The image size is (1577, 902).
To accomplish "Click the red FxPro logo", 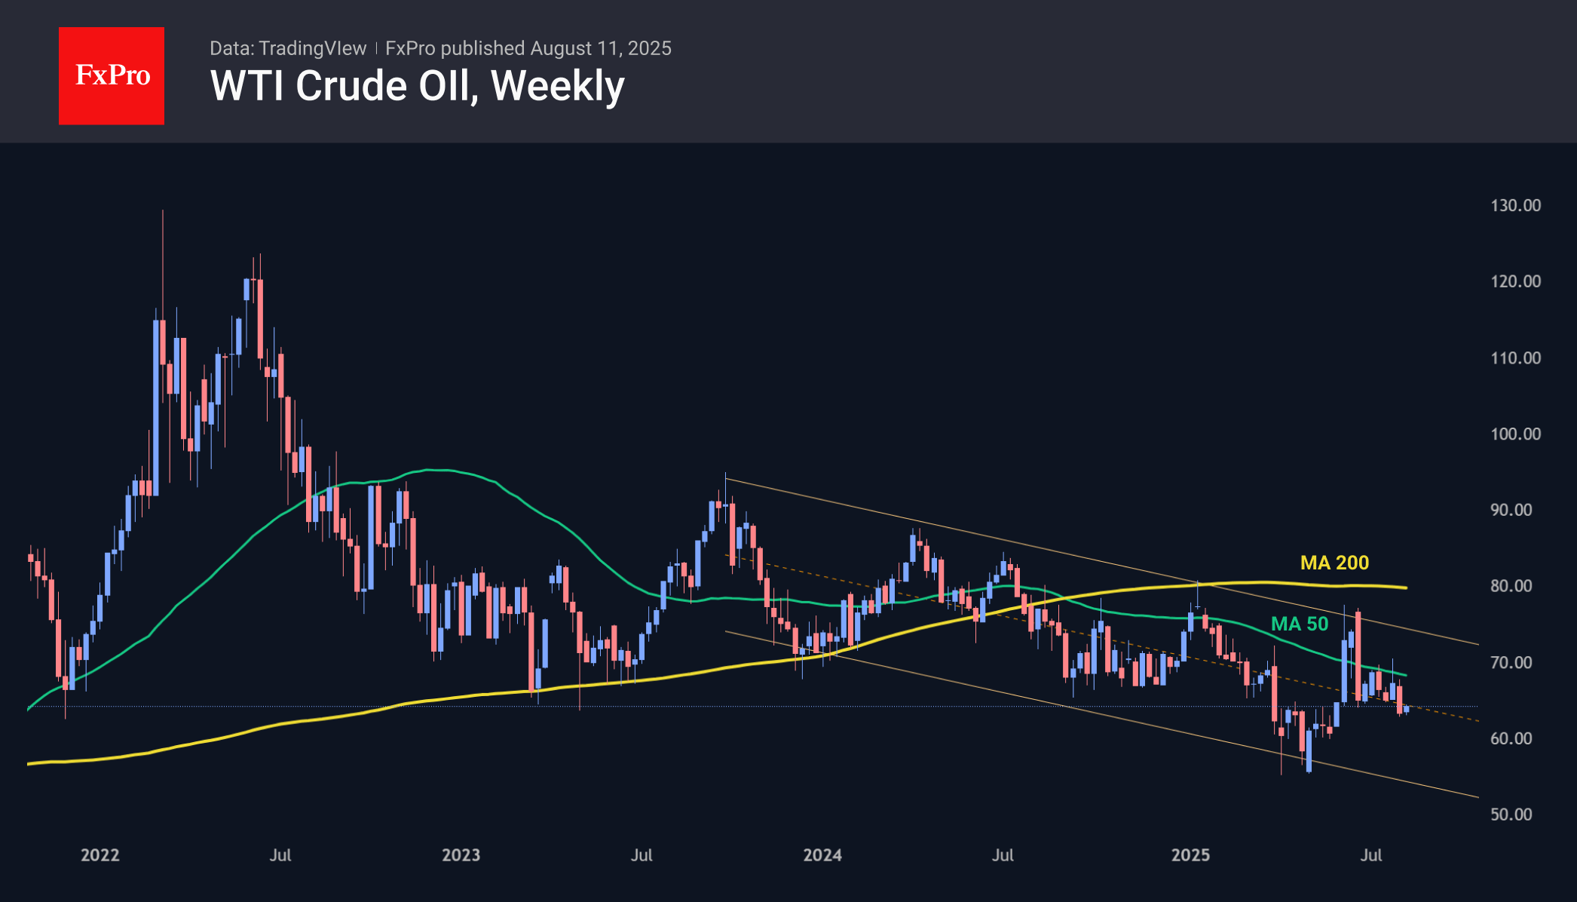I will pyautogui.click(x=112, y=75).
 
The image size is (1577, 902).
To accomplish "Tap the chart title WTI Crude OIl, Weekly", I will pyautogui.click(x=417, y=86).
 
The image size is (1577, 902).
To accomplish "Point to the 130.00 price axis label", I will pyautogui.click(x=1515, y=205).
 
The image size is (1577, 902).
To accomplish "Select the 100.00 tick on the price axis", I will pyautogui.click(x=1515, y=434).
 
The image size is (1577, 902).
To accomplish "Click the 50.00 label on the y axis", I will pyautogui.click(x=1511, y=815).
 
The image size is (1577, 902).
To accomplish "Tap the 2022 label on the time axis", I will pyautogui.click(x=100, y=854).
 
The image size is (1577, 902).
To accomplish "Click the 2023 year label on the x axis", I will pyautogui.click(x=461, y=854).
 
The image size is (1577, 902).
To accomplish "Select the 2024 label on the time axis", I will pyautogui.click(x=822, y=854).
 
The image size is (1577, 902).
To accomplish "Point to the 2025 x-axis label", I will pyautogui.click(x=1190, y=854).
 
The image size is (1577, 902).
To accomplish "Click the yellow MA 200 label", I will pyautogui.click(x=1334, y=563).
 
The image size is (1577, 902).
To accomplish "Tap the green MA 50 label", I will pyautogui.click(x=1300, y=624).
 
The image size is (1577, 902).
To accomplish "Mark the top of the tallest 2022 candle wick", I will pyautogui.click(x=163, y=211).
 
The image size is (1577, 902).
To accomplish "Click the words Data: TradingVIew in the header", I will pyautogui.click(x=288, y=48).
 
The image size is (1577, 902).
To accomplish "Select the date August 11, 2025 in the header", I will pyautogui.click(x=601, y=48).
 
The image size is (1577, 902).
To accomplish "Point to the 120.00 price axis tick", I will pyautogui.click(x=1515, y=281).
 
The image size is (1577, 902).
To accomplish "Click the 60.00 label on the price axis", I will pyautogui.click(x=1511, y=738).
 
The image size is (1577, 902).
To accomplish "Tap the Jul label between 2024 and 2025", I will pyautogui.click(x=1003, y=854).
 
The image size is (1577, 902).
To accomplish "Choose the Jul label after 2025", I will pyautogui.click(x=1370, y=854).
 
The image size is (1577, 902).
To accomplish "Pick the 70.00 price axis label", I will pyautogui.click(x=1511, y=662).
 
